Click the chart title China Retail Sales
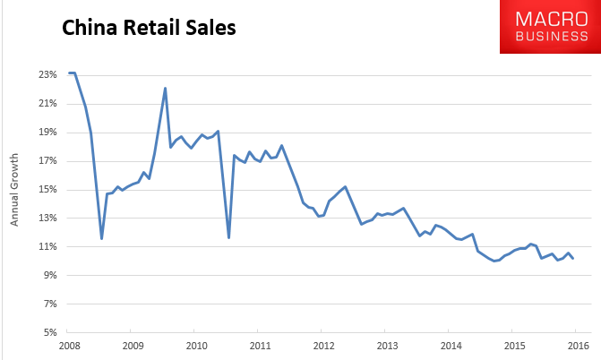click(x=149, y=28)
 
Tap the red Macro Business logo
click(x=551, y=27)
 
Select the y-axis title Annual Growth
click(x=14, y=190)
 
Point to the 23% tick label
click(x=47, y=74)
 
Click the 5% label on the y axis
click(x=50, y=332)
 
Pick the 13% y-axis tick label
click(x=47, y=218)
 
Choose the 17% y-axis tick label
click(x=47, y=160)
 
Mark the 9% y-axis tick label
click(x=50, y=275)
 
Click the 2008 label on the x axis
click(x=69, y=346)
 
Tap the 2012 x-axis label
click(x=324, y=346)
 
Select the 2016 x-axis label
click(x=578, y=346)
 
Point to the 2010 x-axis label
click(x=197, y=346)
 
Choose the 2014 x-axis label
click(x=451, y=346)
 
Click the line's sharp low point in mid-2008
click(x=101, y=238)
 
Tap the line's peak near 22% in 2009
click(x=165, y=88)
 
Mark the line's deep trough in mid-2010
click(x=228, y=237)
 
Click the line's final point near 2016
click(x=573, y=259)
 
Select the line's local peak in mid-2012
click(x=346, y=186)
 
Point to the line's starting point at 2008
click(x=69, y=73)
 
